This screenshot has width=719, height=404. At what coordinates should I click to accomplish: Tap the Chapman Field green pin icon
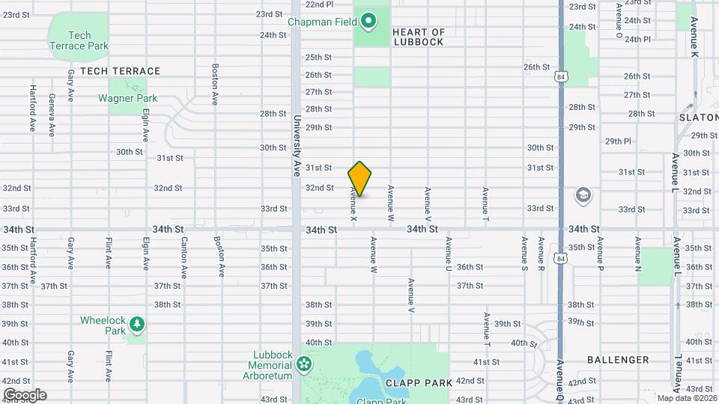[x=368, y=21]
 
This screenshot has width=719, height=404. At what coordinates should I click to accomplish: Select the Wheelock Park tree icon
[x=136, y=324]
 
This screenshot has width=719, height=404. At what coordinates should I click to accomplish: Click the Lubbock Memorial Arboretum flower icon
[x=303, y=364]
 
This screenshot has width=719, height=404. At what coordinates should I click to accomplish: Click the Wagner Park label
[x=127, y=98]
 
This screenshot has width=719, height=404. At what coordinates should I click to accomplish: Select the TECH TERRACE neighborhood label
[x=120, y=71]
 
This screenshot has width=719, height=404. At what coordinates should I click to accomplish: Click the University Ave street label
[x=297, y=145]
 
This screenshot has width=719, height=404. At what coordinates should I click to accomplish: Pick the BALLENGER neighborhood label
[x=618, y=360]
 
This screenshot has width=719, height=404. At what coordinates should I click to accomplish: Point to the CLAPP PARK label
[x=419, y=382]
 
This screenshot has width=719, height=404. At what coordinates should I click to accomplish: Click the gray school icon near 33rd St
[x=583, y=196]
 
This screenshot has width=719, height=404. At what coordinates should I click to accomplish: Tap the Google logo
[x=25, y=395]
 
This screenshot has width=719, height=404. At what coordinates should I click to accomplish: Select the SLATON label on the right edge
[x=698, y=117]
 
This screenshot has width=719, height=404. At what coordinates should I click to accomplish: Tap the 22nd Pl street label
[x=320, y=4]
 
